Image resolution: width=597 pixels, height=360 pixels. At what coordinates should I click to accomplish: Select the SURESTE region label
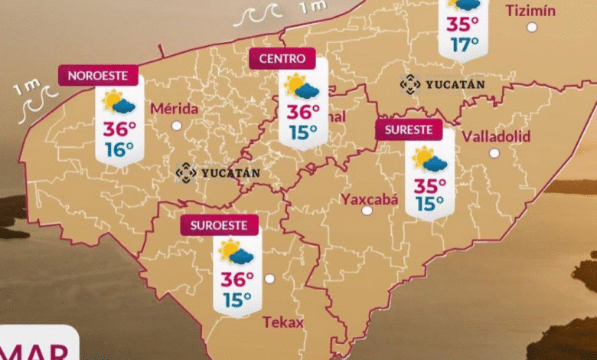(409, 129)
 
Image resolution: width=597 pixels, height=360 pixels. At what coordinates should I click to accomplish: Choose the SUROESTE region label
(220, 225)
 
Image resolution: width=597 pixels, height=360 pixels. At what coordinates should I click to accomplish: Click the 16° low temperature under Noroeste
(119, 149)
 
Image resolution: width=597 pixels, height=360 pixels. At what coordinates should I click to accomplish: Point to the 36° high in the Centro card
(303, 113)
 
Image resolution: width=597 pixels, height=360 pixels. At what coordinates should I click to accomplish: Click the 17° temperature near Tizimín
(465, 44)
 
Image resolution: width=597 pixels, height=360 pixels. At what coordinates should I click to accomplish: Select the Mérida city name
(175, 108)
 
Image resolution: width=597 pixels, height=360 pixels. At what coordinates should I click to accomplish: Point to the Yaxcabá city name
(370, 199)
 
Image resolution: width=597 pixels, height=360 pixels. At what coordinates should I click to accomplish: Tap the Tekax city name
(283, 322)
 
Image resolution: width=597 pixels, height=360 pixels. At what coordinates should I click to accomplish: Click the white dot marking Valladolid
(494, 153)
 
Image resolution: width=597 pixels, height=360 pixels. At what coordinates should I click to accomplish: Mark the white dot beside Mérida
(177, 125)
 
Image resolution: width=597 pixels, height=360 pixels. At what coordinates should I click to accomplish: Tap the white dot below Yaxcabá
(367, 210)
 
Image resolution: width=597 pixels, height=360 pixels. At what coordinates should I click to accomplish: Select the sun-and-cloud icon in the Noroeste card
(119, 102)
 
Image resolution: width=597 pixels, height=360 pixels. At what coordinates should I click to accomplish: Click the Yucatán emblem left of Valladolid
(410, 84)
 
